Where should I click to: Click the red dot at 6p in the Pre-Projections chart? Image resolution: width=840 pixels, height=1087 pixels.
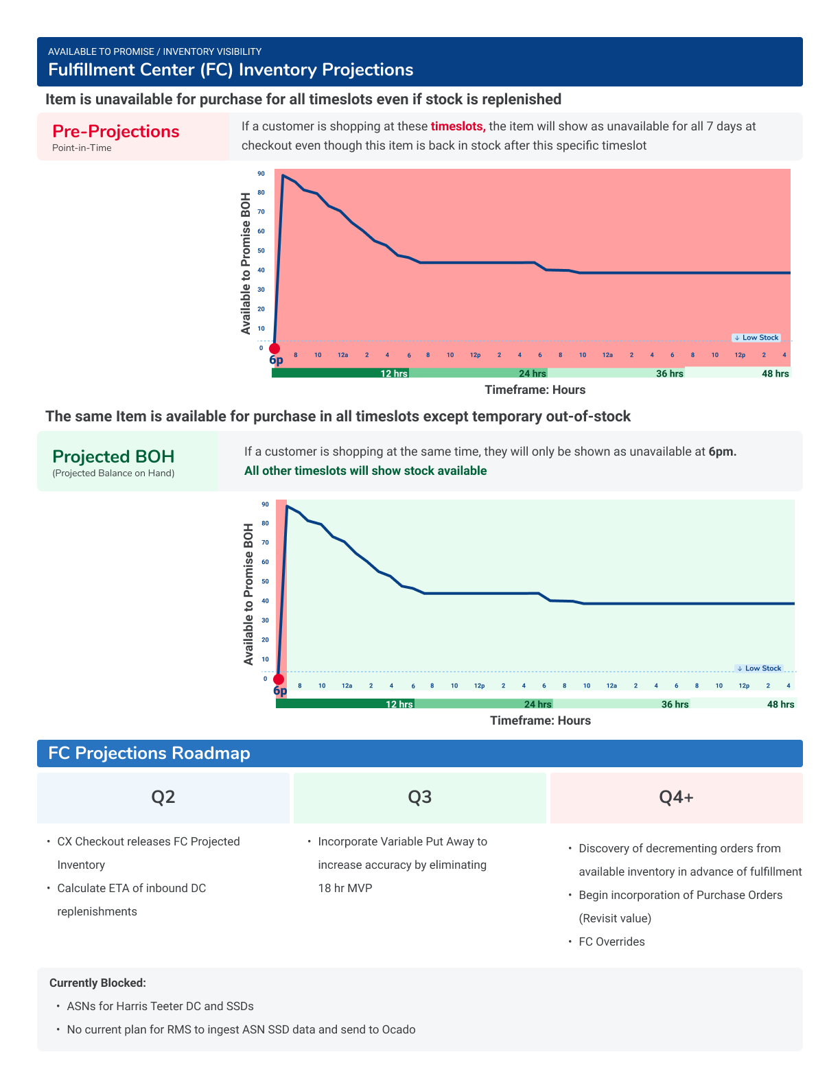pyautogui.click(x=275, y=349)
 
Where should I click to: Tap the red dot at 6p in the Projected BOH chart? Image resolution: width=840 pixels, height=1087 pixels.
pyautogui.click(x=279, y=680)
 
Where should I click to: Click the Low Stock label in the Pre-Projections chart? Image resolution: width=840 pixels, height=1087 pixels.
pyautogui.click(x=756, y=338)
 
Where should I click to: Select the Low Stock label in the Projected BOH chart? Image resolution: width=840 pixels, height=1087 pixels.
pyautogui.click(x=759, y=668)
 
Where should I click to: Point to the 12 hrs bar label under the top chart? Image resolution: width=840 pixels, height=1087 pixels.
pyautogui.click(x=394, y=373)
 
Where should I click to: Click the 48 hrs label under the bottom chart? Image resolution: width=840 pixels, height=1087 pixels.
pyautogui.click(x=780, y=704)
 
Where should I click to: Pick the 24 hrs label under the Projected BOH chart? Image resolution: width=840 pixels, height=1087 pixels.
pyautogui.click(x=537, y=704)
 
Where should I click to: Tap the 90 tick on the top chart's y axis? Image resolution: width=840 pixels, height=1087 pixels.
pyautogui.click(x=261, y=174)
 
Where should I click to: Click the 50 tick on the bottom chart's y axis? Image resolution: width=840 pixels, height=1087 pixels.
pyautogui.click(x=265, y=581)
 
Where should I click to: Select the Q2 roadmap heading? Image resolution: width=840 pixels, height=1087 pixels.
pyautogui.click(x=163, y=797)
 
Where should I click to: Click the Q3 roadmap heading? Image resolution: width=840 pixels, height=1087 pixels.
pyautogui.click(x=420, y=797)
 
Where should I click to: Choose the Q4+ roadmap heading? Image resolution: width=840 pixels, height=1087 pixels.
pyautogui.click(x=676, y=797)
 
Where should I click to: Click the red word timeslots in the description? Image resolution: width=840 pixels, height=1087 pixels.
pyautogui.click(x=458, y=126)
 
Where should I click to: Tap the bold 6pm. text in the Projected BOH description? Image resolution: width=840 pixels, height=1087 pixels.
pyautogui.click(x=722, y=452)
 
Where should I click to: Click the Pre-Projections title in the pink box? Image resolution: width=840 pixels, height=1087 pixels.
pyautogui.click(x=116, y=131)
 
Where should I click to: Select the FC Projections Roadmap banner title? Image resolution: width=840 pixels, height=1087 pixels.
pyautogui.click(x=149, y=753)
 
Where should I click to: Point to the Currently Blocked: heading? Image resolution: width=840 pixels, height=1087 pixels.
pyautogui.click(x=97, y=983)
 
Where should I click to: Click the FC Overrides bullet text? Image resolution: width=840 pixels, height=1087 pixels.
pyautogui.click(x=611, y=942)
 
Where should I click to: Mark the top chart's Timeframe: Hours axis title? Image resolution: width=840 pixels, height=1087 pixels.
pyautogui.click(x=535, y=390)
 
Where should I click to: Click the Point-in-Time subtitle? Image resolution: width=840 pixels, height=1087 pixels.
pyautogui.click(x=82, y=148)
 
